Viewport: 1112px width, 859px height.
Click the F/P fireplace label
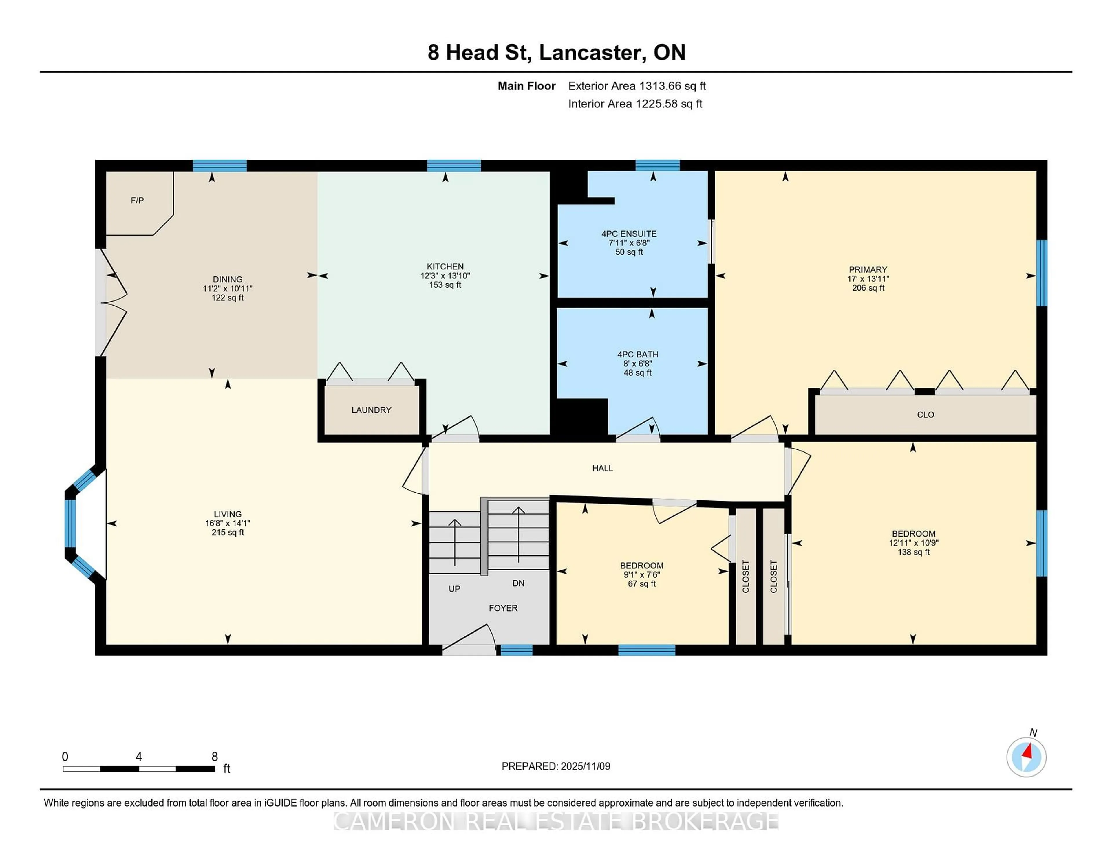(x=137, y=201)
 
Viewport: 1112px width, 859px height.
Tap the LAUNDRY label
(x=371, y=410)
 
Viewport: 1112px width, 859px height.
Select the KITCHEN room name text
(x=445, y=266)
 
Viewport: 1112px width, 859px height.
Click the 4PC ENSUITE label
(x=629, y=234)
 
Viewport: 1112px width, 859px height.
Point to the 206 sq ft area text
(x=868, y=288)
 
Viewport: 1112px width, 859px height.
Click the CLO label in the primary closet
(x=925, y=415)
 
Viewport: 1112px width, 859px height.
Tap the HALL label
(x=602, y=468)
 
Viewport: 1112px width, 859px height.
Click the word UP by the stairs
(x=454, y=589)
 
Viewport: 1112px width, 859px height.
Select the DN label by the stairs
(x=518, y=583)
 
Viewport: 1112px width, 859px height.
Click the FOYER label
(x=503, y=608)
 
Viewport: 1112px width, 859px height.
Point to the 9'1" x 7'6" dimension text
(x=641, y=574)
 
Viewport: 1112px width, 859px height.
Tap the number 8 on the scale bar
(x=214, y=757)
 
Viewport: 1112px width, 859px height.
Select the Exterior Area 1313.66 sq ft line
(x=637, y=86)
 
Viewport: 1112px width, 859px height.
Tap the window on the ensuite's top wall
(x=657, y=165)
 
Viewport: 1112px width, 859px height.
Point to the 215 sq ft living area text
(x=228, y=532)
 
